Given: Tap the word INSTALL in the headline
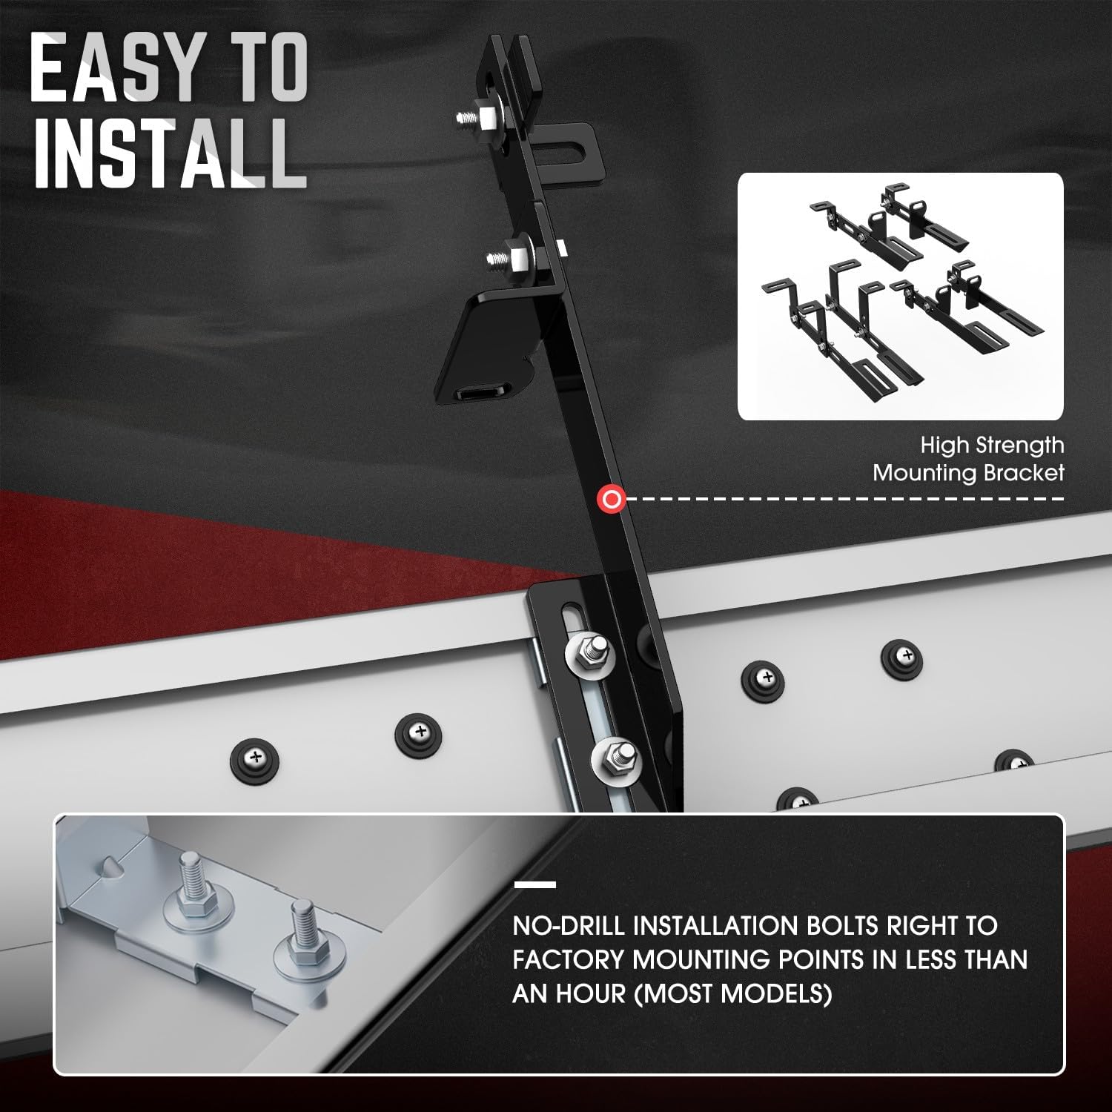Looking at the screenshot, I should tap(169, 154).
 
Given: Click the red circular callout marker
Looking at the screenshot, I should tap(612, 500).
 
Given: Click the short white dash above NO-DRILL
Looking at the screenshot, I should tap(535, 884).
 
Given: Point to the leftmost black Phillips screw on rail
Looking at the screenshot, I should tap(255, 757).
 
